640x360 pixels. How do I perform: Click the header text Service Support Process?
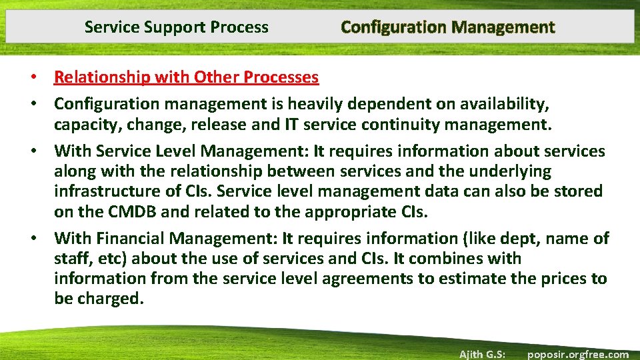tap(177, 27)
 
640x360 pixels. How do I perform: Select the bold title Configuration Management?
tap(447, 27)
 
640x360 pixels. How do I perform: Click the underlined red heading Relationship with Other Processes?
tap(186, 77)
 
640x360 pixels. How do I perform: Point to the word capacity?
tap(83, 124)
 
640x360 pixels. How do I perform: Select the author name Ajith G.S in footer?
tap(482, 354)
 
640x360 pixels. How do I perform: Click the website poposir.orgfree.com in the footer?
tap(578, 354)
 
